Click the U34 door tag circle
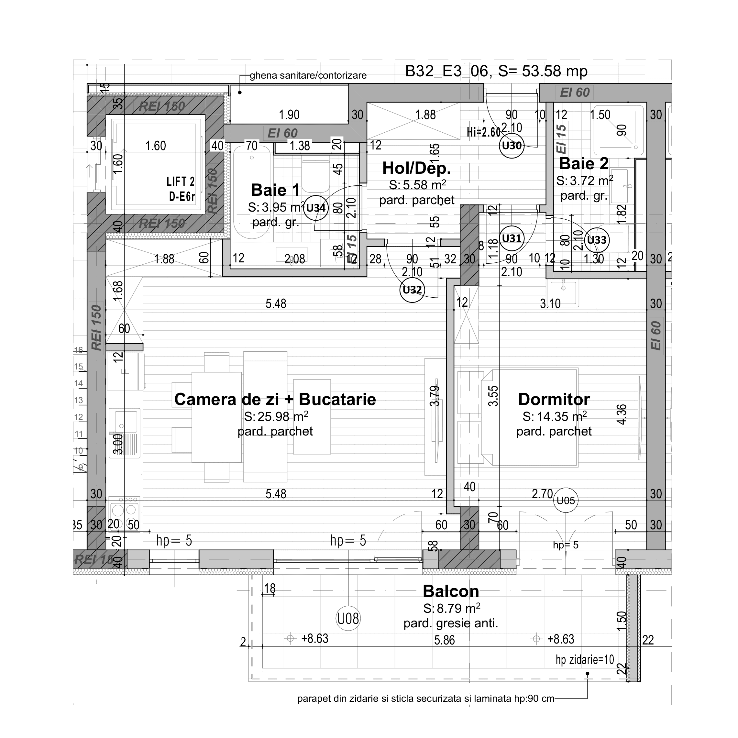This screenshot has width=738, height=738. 316,208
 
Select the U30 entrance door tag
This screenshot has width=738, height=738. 512,146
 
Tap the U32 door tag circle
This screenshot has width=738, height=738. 412,290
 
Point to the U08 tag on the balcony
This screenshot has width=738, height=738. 348,618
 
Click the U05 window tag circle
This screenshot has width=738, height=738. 566,501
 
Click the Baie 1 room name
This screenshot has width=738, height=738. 275,190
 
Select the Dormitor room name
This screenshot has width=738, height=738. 554,399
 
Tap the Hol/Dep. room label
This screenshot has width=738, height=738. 416,168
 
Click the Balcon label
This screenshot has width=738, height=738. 451,591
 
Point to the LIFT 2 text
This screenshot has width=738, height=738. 180,182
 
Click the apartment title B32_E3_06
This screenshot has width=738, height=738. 446,72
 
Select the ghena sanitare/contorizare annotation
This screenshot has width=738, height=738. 308,76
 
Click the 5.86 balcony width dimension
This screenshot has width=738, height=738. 444,640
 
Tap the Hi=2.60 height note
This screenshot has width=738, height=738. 483,133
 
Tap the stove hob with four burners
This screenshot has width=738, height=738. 124,510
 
